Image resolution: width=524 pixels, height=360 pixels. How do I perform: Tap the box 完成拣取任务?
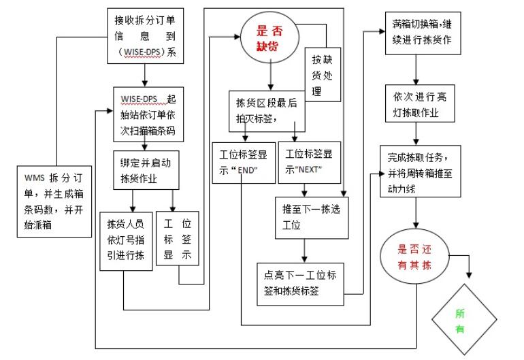coord(424,170)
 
